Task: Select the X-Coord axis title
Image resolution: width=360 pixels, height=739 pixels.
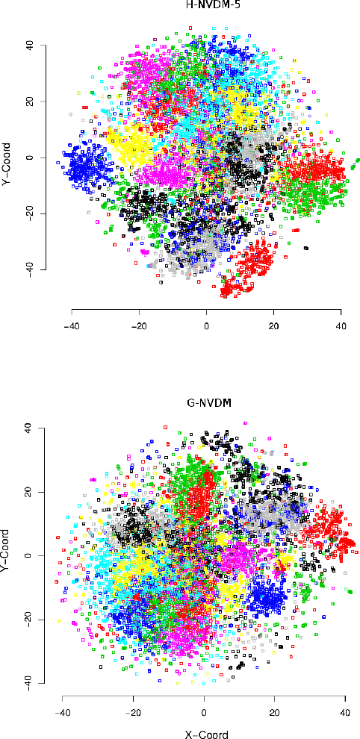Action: (x=204, y=734)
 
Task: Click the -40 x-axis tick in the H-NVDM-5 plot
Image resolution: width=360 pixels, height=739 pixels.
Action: (x=72, y=325)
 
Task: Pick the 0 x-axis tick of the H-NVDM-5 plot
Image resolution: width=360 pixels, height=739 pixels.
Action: (x=206, y=325)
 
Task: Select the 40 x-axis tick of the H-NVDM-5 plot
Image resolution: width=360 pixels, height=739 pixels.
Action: (x=341, y=325)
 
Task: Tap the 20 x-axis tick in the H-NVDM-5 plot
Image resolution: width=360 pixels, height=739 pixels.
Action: (x=273, y=325)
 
